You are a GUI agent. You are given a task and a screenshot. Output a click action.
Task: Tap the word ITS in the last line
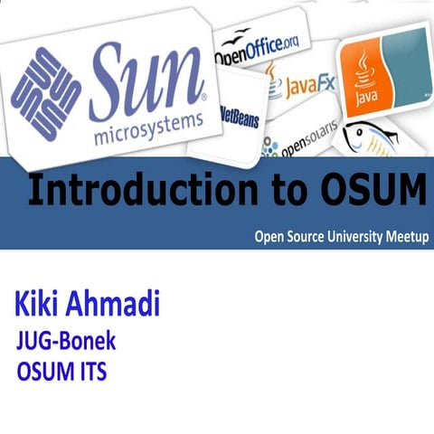90,371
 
